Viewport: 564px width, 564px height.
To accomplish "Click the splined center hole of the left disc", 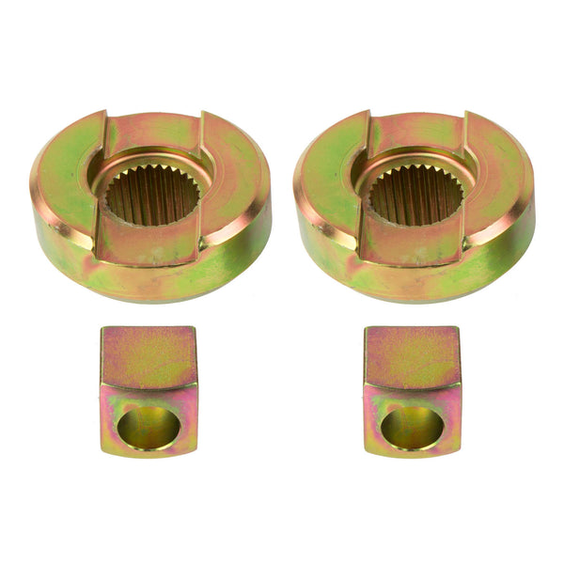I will (x=151, y=194).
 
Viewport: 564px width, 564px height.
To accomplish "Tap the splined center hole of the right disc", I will (x=415, y=194).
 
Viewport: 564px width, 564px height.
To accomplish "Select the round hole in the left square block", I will (x=149, y=426).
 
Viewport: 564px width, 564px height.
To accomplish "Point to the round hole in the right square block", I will (x=412, y=426).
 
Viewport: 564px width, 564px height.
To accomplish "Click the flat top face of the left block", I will (x=149, y=357).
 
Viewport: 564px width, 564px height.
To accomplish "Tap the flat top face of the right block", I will (x=412, y=357).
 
